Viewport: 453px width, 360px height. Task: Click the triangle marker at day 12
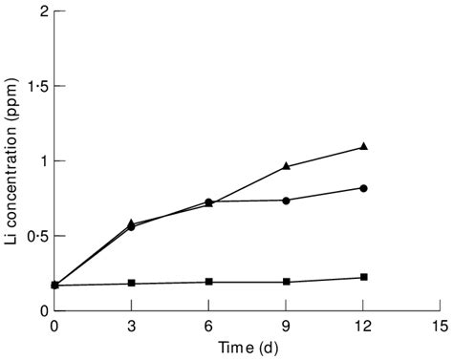pos(363,146)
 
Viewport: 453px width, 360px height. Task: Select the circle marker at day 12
pos(363,188)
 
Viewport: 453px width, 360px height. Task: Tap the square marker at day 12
pos(363,277)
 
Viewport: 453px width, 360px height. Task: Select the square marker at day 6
pos(209,282)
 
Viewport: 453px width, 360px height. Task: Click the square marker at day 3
pos(132,283)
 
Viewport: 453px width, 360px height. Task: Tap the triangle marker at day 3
pos(132,222)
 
